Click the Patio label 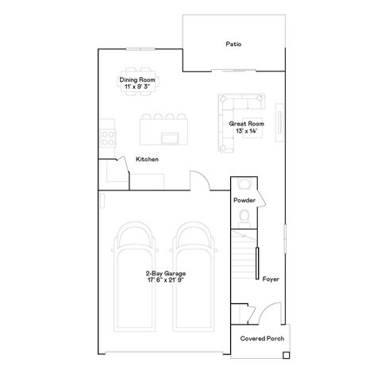tap(233, 45)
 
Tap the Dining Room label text tap(137, 80)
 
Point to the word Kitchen tap(147, 160)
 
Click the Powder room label tap(244, 200)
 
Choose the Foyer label tap(271, 279)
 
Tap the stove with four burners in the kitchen tap(106, 137)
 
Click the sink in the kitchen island tap(169, 138)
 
